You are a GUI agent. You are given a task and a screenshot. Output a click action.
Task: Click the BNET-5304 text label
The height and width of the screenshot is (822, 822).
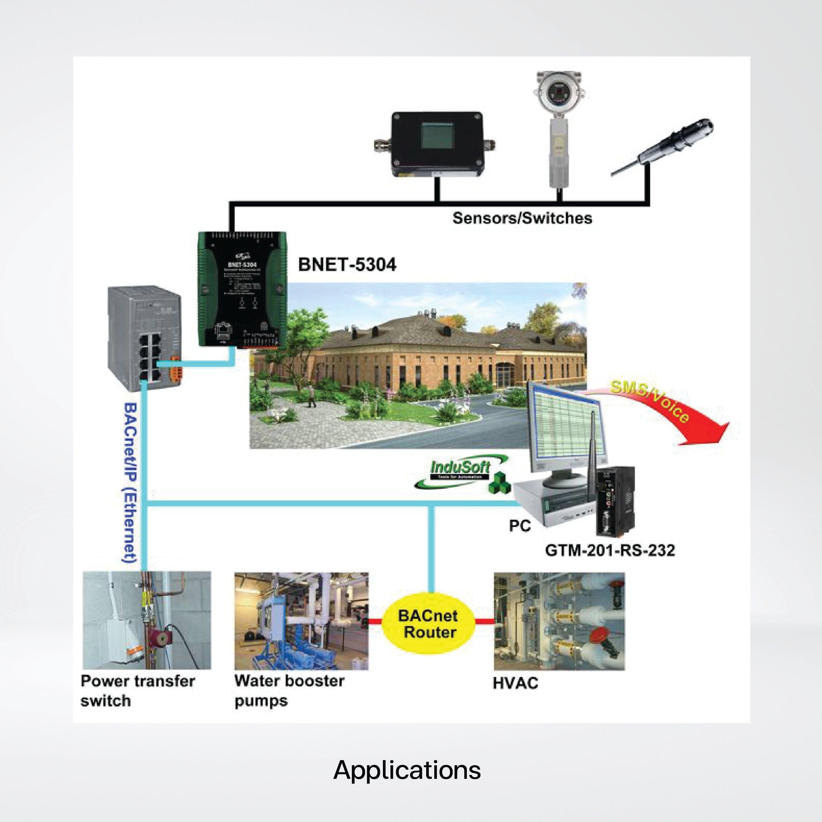[x=347, y=265]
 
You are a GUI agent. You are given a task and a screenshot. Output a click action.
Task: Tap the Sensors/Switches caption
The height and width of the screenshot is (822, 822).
[x=522, y=218]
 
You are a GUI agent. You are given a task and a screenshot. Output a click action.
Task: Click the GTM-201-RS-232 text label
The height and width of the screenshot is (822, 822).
[x=610, y=551]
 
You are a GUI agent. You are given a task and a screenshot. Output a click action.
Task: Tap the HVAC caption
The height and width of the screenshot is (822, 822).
[x=515, y=683]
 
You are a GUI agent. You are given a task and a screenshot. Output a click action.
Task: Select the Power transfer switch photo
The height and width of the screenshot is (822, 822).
[x=146, y=620]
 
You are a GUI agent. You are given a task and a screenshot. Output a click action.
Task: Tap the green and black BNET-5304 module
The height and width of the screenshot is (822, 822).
[x=241, y=289]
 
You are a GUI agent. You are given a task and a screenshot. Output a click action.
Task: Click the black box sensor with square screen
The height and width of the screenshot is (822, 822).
[x=437, y=144]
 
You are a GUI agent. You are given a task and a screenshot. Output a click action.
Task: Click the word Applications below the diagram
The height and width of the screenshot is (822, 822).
[x=407, y=770]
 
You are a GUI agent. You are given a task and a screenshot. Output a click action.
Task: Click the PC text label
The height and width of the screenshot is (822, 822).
[x=520, y=526]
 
